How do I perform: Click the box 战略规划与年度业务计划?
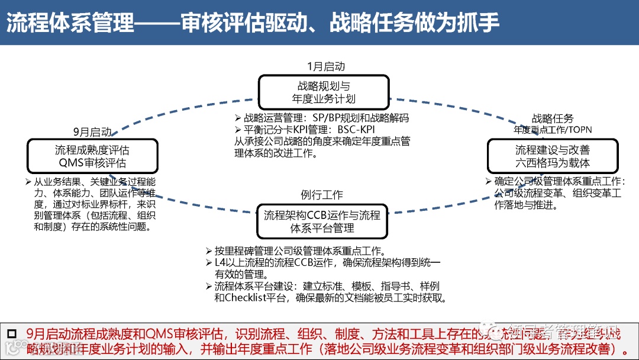pyautogui.click(x=323, y=92)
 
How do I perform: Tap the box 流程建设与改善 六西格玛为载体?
pyautogui.click(x=552, y=156)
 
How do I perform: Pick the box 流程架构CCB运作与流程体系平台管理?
pyautogui.click(x=322, y=221)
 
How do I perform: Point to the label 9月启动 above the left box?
pyautogui.click(x=92, y=131)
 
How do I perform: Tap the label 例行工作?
pyautogui.click(x=321, y=195)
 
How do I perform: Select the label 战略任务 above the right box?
pyautogui.click(x=553, y=119)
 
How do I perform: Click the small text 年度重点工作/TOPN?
pyautogui.click(x=553, y=130)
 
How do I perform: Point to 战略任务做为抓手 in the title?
pyautogui.click(x=414, y=22)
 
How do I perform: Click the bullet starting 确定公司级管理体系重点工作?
pyautogui.click(x=559, y=182)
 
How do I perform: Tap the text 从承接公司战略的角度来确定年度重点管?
pyautogui.click(x=322, y=142)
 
